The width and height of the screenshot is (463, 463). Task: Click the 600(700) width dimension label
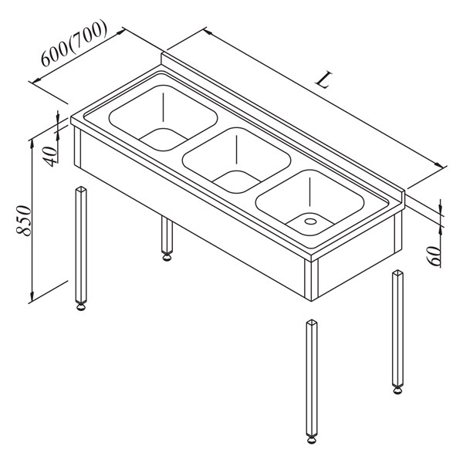[73, 43]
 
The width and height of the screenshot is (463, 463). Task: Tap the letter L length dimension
[324, 80]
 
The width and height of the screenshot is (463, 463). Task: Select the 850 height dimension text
[24, 221]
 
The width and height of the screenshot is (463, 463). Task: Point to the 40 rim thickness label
[50, 156]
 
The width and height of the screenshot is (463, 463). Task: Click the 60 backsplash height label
[434, 256]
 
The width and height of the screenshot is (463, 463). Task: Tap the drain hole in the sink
[310, 221]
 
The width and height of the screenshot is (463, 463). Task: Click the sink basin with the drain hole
[309, 202]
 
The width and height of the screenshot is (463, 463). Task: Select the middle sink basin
[237, 160]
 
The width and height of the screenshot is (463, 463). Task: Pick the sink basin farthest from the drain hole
[164, 118]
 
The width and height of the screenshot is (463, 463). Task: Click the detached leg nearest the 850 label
[81, 248]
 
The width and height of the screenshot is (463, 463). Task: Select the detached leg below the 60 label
[397, 332]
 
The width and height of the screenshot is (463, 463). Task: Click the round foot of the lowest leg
[312, 440]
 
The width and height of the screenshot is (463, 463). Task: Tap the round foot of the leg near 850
[81, 307]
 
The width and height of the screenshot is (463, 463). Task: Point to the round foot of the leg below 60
[397, 390]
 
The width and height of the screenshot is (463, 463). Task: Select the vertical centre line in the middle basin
[237, 149]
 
